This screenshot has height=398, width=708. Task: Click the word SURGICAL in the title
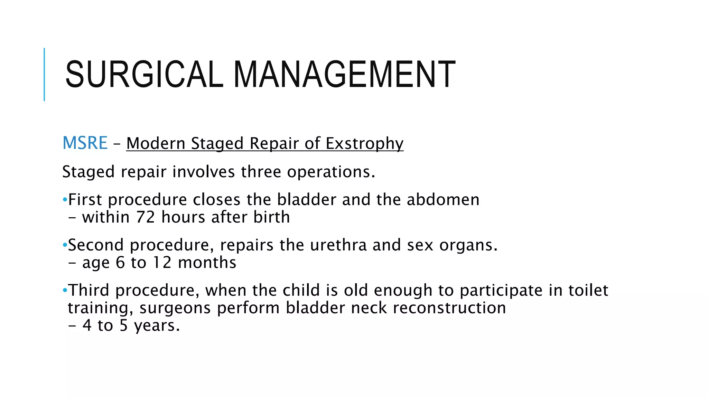[144, 74]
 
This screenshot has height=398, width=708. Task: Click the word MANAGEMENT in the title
[344, 74]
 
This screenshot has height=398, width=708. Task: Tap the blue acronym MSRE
[85, 143]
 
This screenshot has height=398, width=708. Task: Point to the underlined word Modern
[156, 143]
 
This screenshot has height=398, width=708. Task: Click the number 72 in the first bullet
[145, 217]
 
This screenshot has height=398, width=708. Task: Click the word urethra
[338, 245]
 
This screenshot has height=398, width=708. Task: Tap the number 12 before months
[162, 263]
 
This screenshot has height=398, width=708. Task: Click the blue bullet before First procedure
[65, 200]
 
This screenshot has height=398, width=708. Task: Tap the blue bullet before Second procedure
[65, 245]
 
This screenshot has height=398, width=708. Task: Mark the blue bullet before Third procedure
[65, 290]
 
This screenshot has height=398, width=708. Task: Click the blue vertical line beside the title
[44, 74]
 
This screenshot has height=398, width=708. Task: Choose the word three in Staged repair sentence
[261, 172]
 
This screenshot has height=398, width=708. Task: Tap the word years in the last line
[157, 326]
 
